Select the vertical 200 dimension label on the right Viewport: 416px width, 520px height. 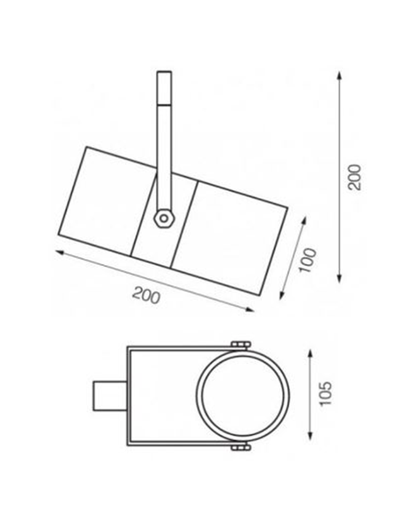pos(355,177)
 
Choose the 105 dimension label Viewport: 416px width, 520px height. pos(325,394)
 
